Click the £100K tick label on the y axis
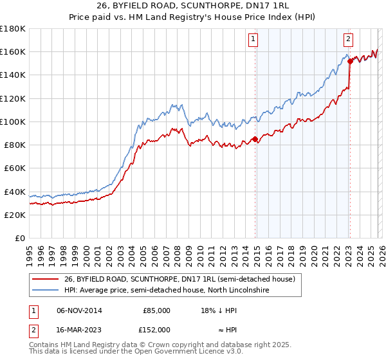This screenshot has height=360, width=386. coord(12,122)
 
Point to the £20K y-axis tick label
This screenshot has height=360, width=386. coord(14,215)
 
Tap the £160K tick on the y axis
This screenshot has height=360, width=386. coord(12,51)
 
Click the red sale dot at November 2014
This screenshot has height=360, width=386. coord(255,139)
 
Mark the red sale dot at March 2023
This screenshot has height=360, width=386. coord(350,61)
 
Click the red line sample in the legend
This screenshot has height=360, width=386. coord(45,279)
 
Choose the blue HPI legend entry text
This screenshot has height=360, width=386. coord(167,291)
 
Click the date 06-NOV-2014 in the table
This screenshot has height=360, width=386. coord(79,310)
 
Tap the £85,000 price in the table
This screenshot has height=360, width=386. coord(156,310)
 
